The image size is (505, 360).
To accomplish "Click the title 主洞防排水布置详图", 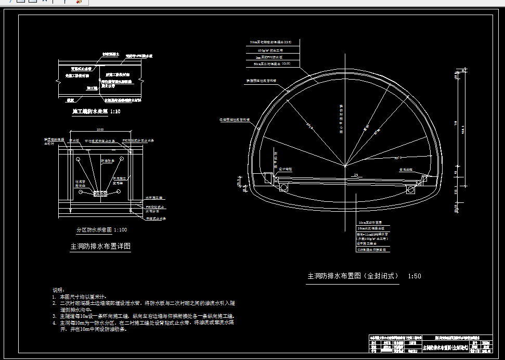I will [100, 247].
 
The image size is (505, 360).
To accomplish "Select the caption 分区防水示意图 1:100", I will [102, 229].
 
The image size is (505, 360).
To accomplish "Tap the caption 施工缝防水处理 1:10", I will [97, 111].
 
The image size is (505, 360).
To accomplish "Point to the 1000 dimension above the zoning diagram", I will [99, 130].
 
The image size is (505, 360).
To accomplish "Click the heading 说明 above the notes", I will [59, 290].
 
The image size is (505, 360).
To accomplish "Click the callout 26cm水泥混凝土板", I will [370, 228].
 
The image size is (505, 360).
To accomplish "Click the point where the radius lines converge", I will [345, 166].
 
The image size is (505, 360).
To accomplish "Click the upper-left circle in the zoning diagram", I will [76, 158].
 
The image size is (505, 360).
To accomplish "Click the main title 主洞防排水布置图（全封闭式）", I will [353, 276].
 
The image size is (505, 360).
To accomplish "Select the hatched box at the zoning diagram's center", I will [99, 194].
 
